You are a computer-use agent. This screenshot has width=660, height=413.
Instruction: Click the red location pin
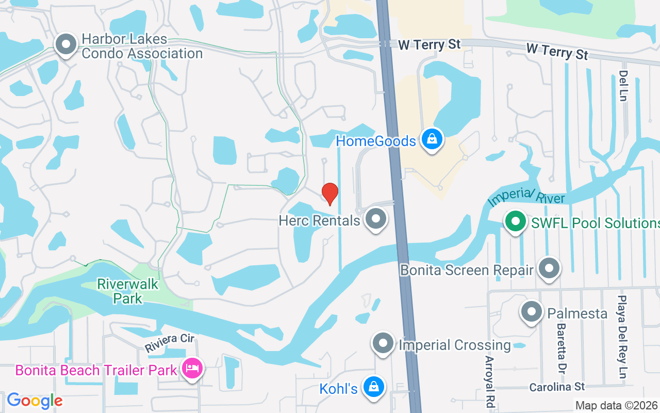(x=330, y=194)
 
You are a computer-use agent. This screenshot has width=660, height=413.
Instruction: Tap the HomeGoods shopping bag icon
(x=432, y=139)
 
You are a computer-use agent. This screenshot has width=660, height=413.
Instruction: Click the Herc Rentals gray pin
(x=376, y=219)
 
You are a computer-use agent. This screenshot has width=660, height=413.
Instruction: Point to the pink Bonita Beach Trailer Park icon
(x=192, y=369)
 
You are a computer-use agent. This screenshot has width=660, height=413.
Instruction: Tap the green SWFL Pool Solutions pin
(x=515, y=222)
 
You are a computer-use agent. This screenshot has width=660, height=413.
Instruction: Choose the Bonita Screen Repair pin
(x=549, y=268)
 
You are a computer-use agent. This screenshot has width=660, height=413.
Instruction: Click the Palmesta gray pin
(x=531, y=312)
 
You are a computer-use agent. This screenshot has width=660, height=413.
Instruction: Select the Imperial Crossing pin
(x=383, y=343)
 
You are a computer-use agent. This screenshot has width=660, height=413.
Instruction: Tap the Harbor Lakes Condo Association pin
(x=66, y=45)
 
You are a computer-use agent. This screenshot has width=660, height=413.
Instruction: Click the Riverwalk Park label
(x=128, y=291)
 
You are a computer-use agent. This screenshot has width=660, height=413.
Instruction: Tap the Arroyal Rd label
(x=489, y=383)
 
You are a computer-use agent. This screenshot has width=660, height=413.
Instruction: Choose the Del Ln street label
(x=623, y=85)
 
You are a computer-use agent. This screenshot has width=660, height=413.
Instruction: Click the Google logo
(x=35, y=401)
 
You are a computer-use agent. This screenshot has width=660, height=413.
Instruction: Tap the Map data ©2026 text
(x=617, y=405)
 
